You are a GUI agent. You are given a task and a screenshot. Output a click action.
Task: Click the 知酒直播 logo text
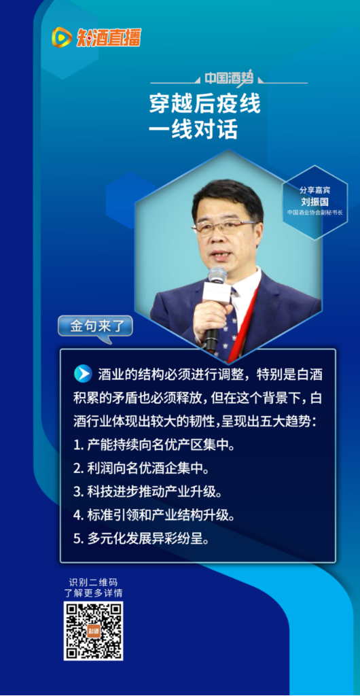tap(109, 37)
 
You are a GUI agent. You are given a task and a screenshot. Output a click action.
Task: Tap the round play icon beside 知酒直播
tap(62, 37)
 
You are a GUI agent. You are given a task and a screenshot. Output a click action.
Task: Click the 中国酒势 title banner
tap(228, 79)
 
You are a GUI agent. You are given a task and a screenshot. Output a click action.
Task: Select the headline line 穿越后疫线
tap(204, 105)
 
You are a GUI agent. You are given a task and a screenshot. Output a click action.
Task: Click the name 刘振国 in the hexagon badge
tap(314, 202)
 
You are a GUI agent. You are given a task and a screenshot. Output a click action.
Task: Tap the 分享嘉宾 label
tap(314, 191)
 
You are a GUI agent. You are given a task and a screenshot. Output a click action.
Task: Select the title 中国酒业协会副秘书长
tap(314, 212)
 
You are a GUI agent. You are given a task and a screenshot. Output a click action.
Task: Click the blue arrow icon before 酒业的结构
tap(83, 373)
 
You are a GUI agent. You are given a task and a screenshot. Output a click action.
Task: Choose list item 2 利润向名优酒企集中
tap(141, 468)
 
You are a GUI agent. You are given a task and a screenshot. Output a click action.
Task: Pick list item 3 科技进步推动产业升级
tap(147, 492)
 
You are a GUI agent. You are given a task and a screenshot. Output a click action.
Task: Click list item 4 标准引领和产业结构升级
tap(154, 516)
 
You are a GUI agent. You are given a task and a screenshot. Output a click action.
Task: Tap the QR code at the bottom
tap(93, 631)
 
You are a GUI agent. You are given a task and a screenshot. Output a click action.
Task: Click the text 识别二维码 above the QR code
tap(93, 582)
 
